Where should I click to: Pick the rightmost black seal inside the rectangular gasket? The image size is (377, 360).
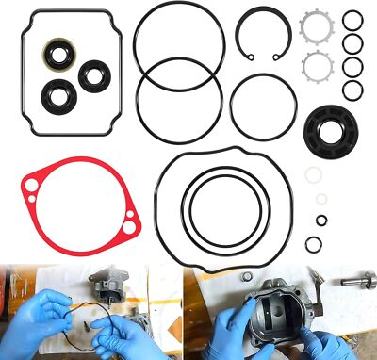click(x=95, y=75)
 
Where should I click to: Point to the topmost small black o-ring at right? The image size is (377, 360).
click(x=352, y=20)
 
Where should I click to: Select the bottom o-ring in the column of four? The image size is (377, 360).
click(x=352, y=90)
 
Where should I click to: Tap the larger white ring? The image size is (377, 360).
click(x=314, y=174)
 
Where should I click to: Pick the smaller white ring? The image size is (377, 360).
click(x=321, y=199)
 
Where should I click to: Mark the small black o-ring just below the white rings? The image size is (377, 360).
click(x=321, y=221)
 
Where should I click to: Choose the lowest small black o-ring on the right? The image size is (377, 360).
click(x=314, y=244)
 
